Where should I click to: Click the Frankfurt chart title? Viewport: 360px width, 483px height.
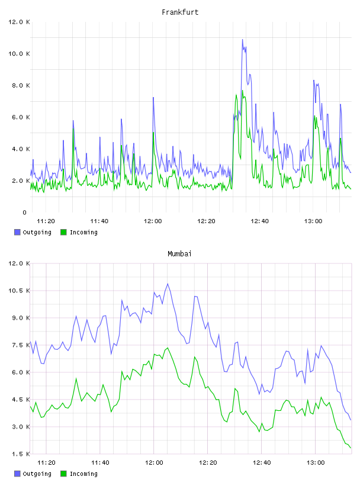pyautogui.click(x=180, y=12)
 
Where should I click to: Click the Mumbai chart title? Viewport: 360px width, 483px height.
pyautogui.click(x=179, y=253)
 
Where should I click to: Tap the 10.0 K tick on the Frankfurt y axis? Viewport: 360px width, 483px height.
pyautogui.click(x=19, y=54)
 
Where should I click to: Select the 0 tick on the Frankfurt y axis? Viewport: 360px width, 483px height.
pyautogui.click(x=25, y=212)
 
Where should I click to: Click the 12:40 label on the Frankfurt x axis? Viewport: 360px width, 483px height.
pyautogui.click(x=259, y=221)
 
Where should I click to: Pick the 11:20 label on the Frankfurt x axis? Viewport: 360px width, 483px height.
pyautogui.click(x=46, y=221)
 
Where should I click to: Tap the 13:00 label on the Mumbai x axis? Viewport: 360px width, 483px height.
pyautogui.click(x=316, y=462)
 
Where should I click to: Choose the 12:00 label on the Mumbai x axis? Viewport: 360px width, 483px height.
pyautogui.click(x=154, y=462)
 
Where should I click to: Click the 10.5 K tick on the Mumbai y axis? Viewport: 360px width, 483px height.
pyautogui.click(x=19, y=291)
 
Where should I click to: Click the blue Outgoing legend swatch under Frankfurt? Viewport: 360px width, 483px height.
pyautogui.click(x=17, y=232)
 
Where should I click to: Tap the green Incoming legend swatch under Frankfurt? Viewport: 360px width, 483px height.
pyautogui.click(x=63, y=232)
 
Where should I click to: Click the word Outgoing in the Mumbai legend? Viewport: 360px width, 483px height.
pyautogui.click(x=37, y=474)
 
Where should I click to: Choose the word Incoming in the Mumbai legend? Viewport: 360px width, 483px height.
pyautogui.click(x=83, y=474)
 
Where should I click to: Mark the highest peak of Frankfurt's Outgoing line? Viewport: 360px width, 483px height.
pyautogui.click(x=242, y=40)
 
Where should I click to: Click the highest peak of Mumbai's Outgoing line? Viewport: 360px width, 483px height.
pyautogui.click(x=168, y=284)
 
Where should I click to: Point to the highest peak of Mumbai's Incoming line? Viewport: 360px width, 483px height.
pyautogui.click(x=168, y=348)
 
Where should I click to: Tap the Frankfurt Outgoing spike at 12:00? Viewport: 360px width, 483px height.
pyautogui.click(x=153, y=97)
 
